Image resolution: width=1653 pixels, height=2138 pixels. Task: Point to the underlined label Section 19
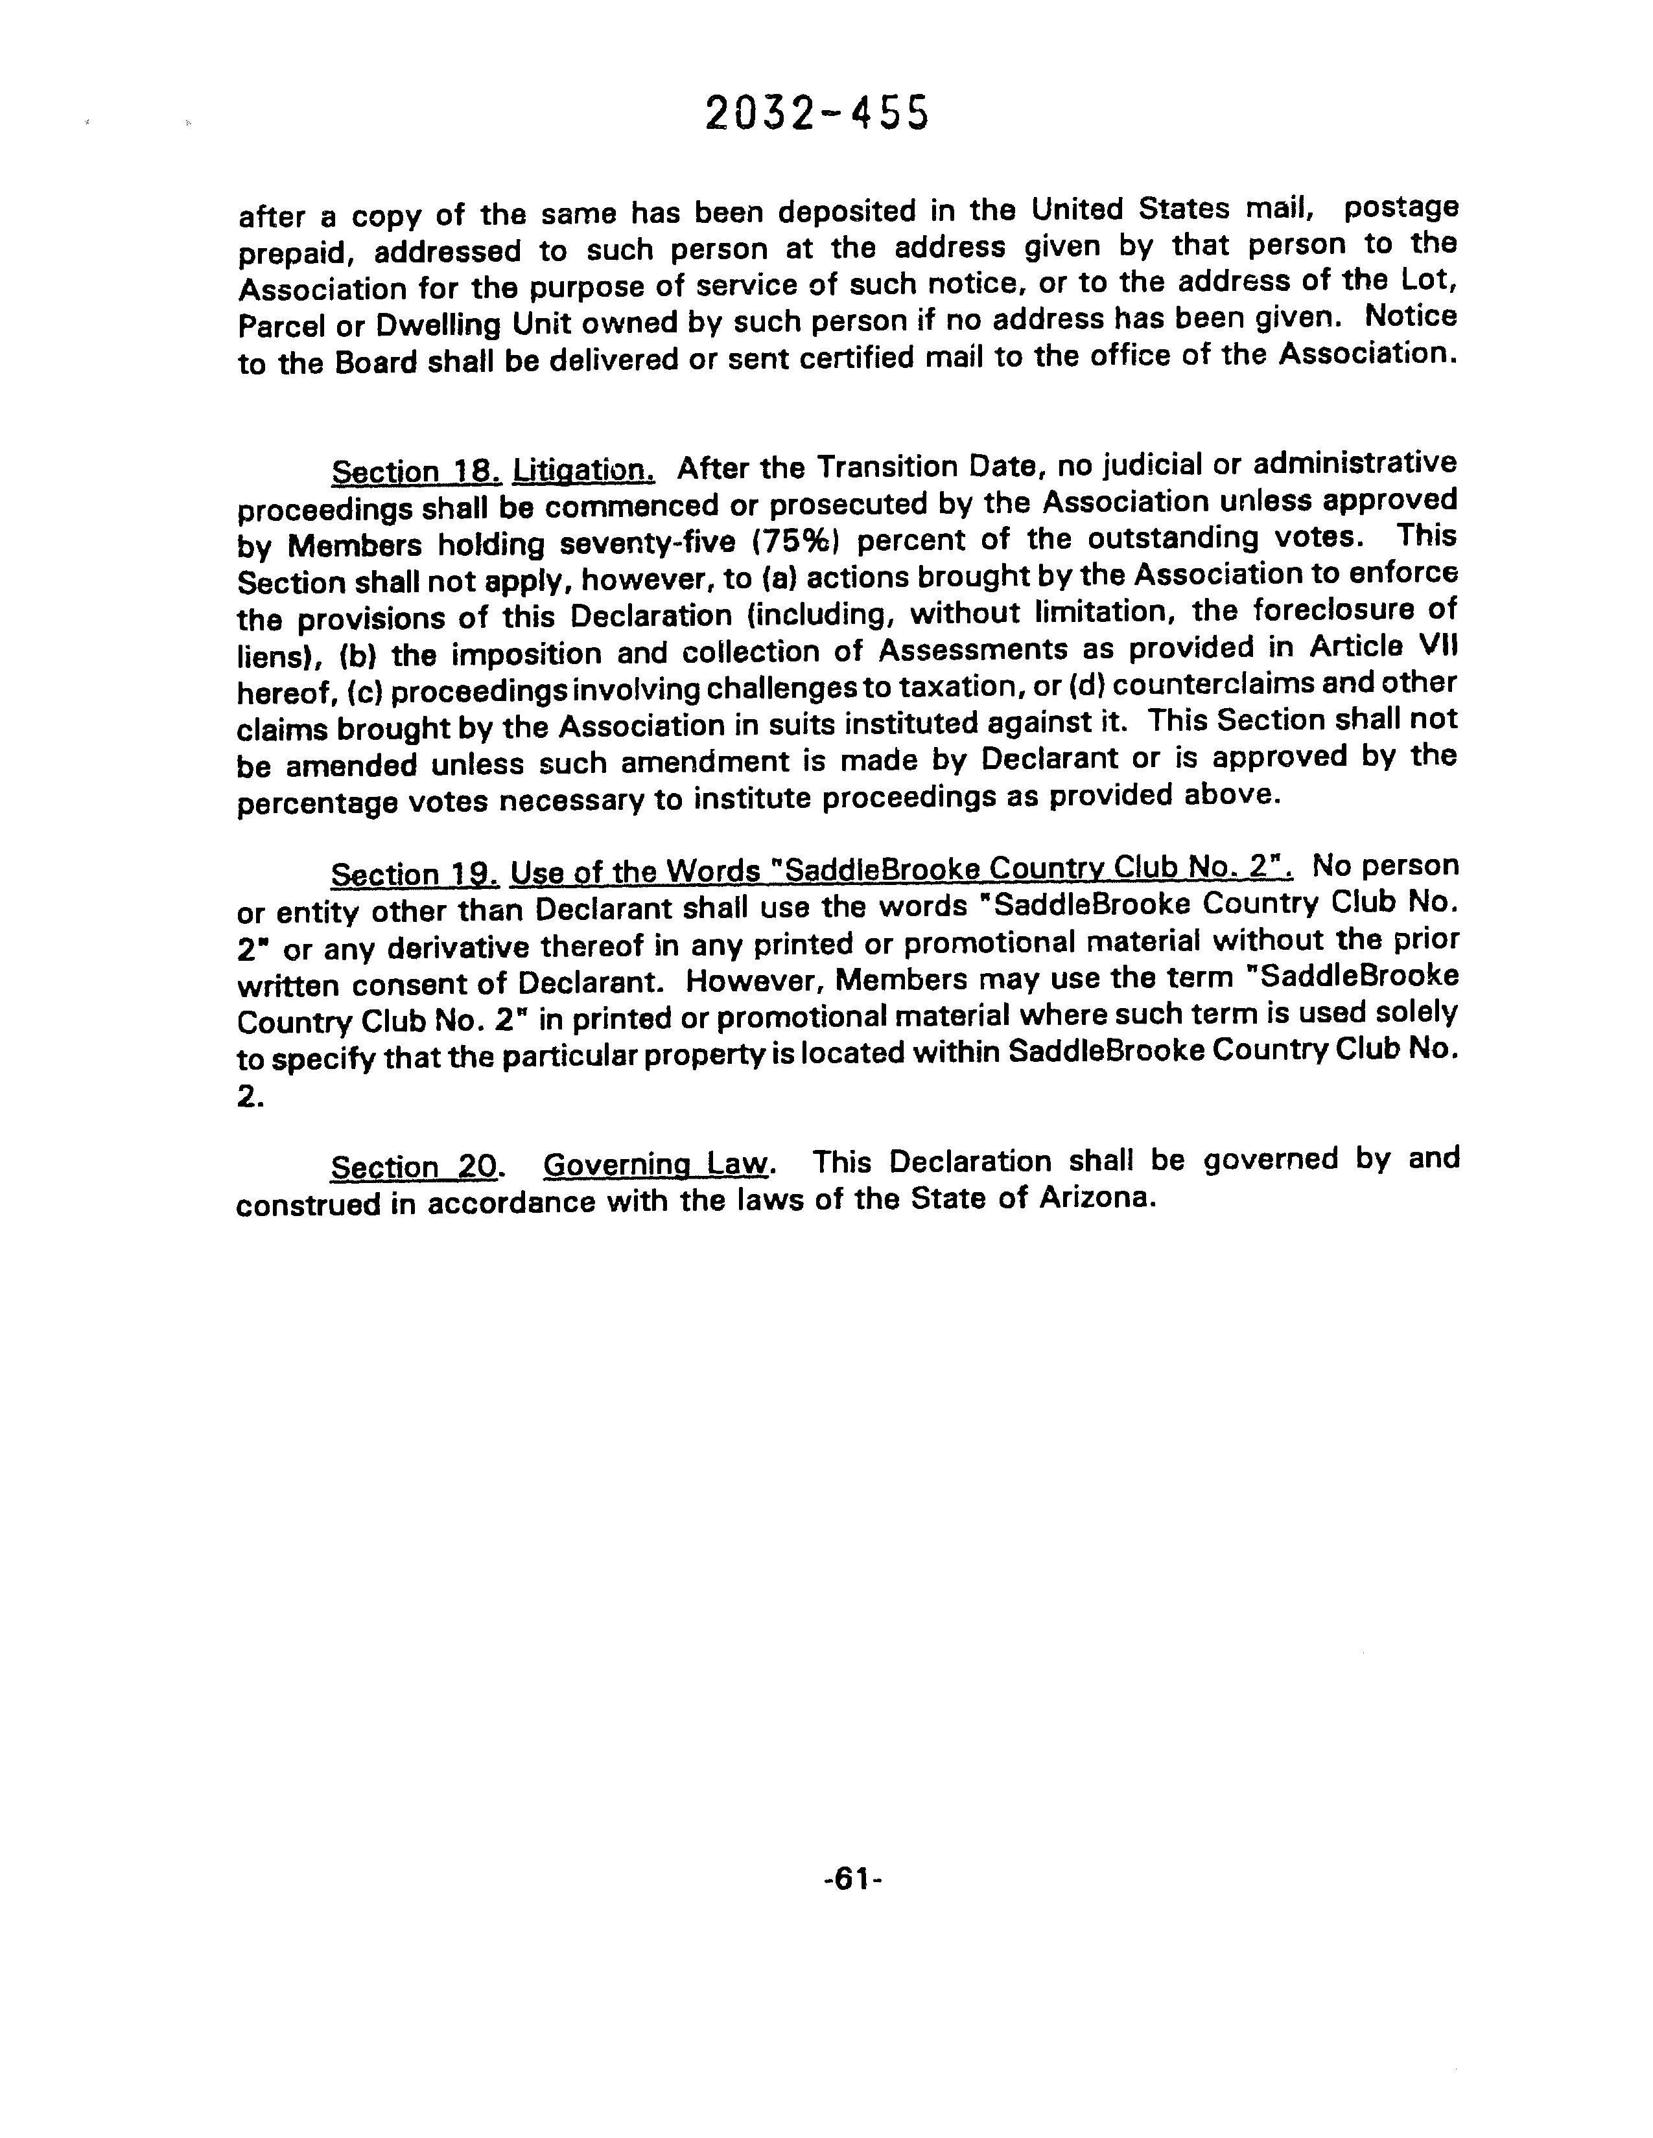[416, 873]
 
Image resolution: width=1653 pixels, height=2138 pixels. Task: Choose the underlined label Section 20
[416, 1167]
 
